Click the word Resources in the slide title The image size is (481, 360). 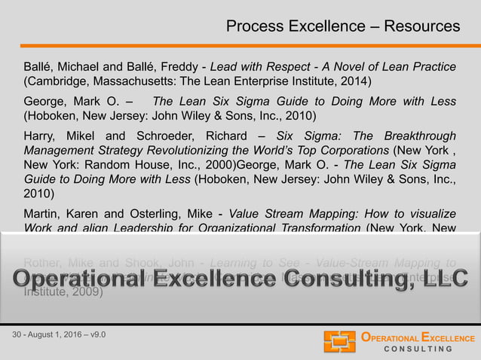point(421,26)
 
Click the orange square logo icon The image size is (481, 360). point(339,341)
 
